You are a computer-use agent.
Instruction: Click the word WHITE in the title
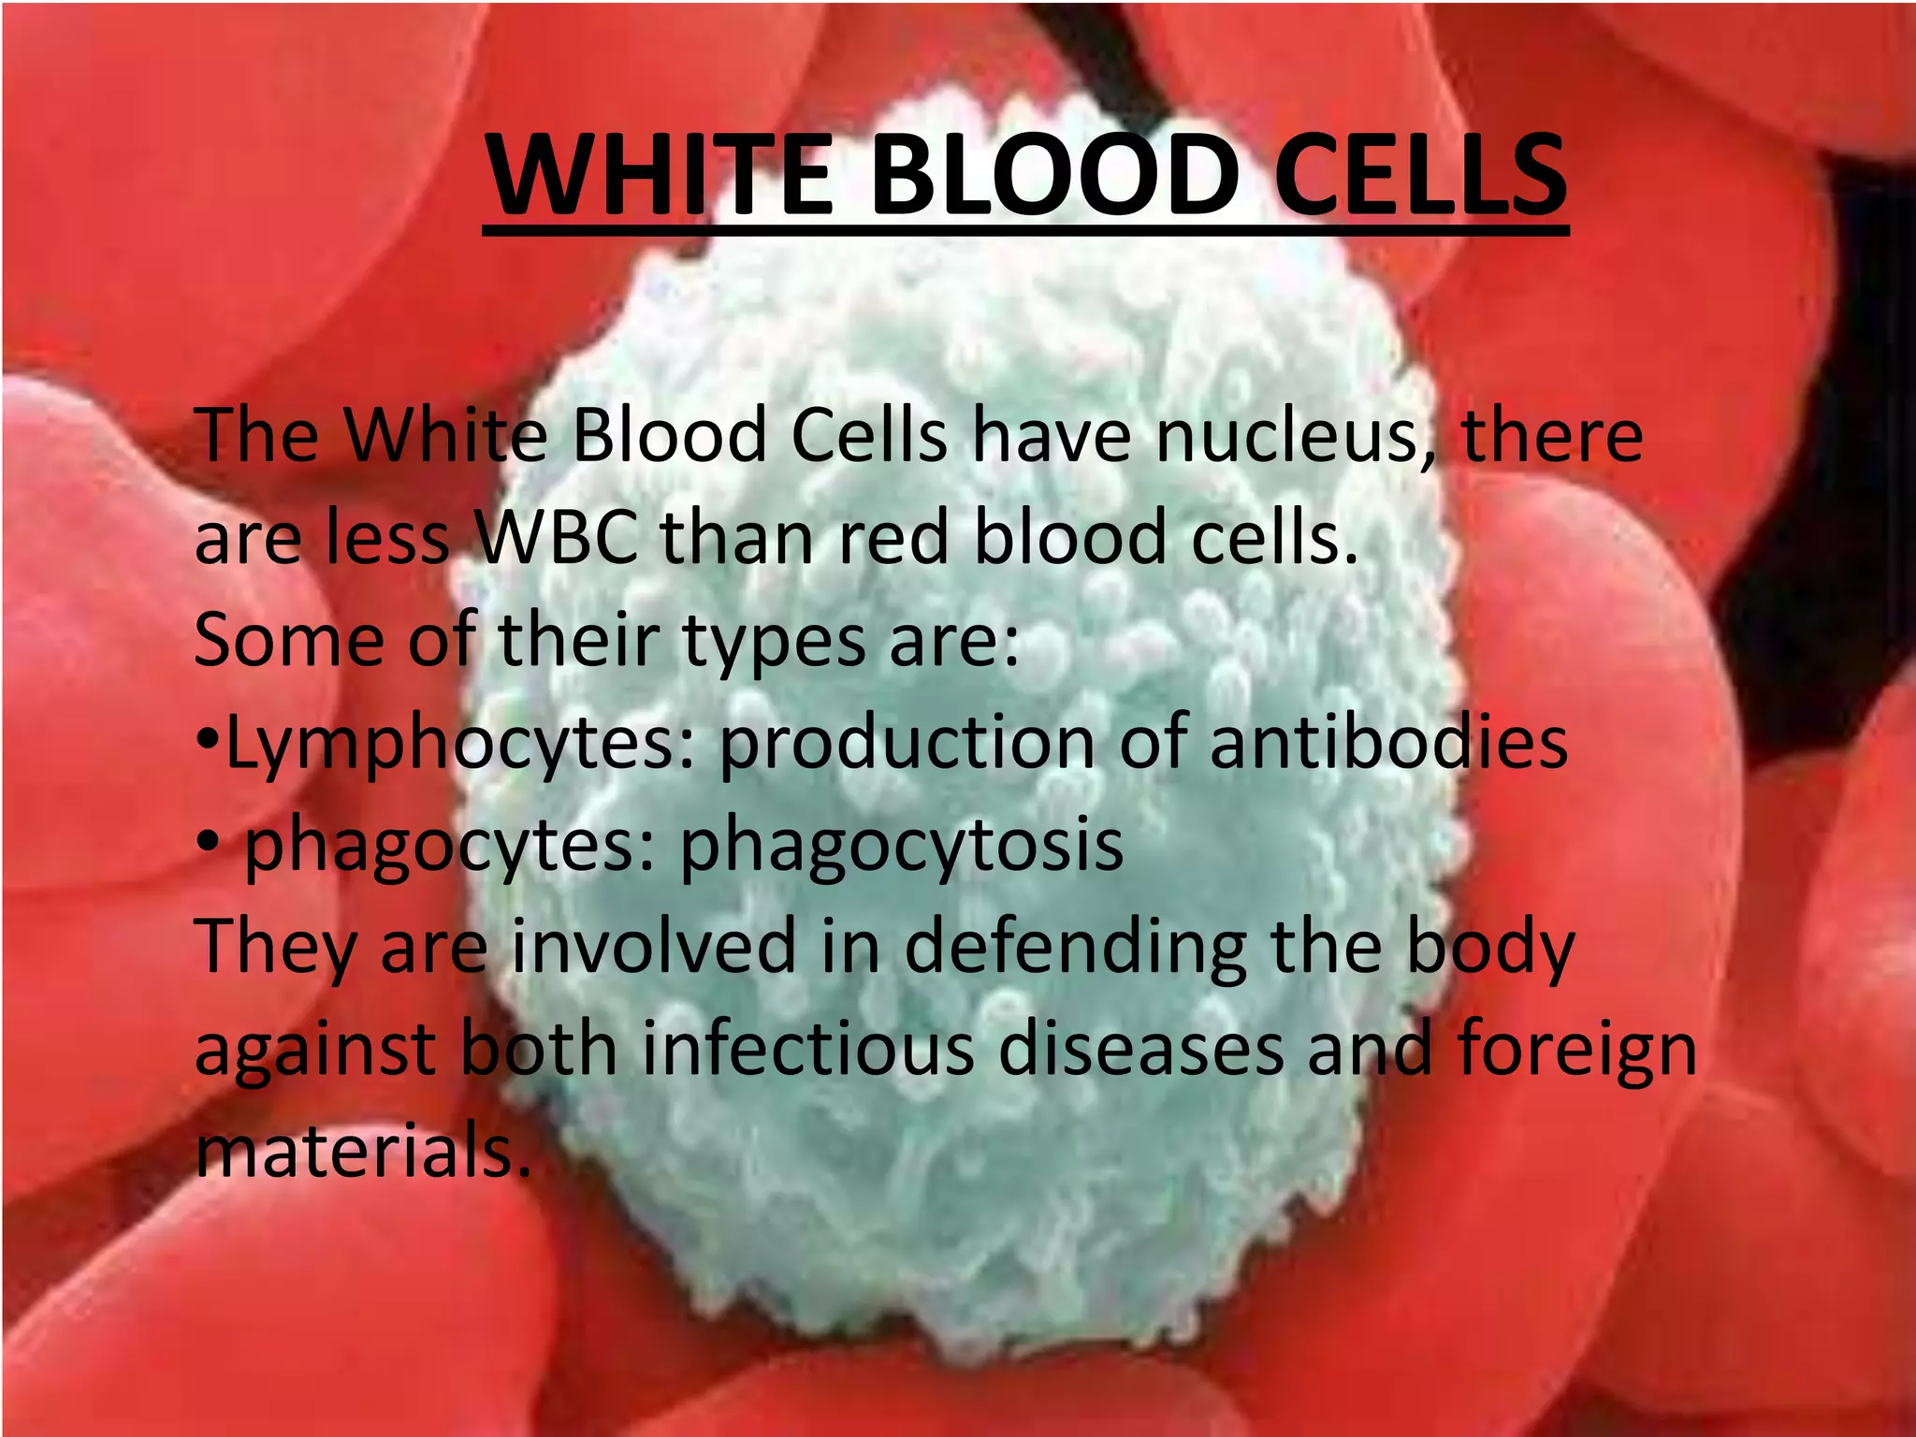pyautogui.click(x=660, y=176)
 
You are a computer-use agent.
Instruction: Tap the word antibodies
pyautogui.click(x=1388, y=743)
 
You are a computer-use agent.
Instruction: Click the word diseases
pyautogui.click(x=1141, y=1049)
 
